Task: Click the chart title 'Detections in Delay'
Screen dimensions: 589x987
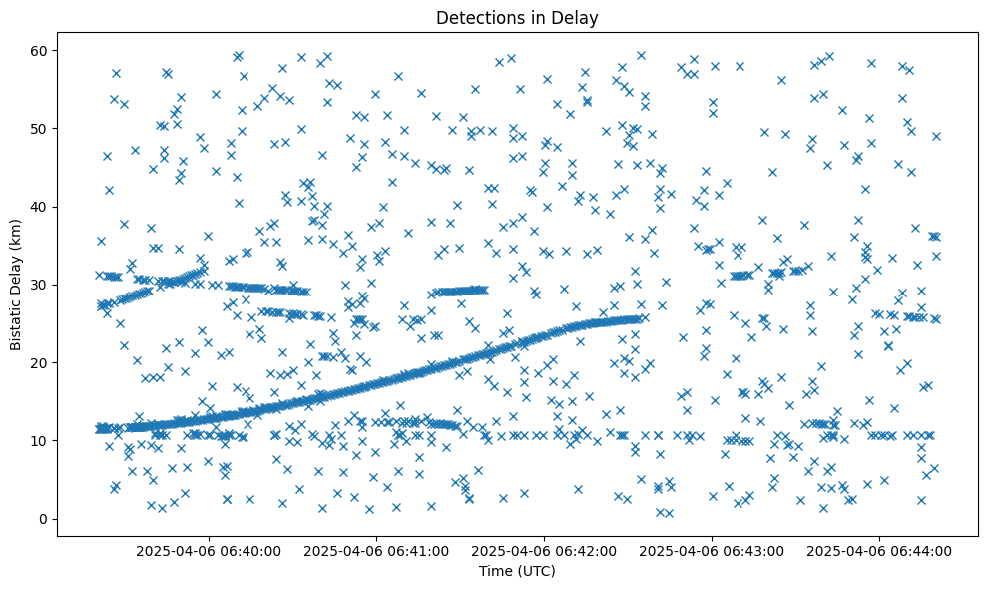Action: point(517,17)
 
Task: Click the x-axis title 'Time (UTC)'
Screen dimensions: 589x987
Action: point(517,571)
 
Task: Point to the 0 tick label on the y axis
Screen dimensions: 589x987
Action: point(44,519)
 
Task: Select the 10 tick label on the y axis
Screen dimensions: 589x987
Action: point(40,440)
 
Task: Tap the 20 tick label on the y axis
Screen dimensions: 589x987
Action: point(40,362)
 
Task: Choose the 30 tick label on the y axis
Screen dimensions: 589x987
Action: point(40,285)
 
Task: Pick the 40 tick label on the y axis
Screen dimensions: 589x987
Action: point(40,207)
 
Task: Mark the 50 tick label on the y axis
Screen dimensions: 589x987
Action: point(40,129)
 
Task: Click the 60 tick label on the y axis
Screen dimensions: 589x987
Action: point(40,51)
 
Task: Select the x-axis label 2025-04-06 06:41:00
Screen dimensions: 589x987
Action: point(377,550)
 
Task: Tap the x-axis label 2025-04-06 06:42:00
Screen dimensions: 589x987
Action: point(545,550)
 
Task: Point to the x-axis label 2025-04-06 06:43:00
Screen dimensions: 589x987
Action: point(713,550)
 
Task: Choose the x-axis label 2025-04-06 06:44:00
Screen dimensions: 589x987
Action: point(880,550)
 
